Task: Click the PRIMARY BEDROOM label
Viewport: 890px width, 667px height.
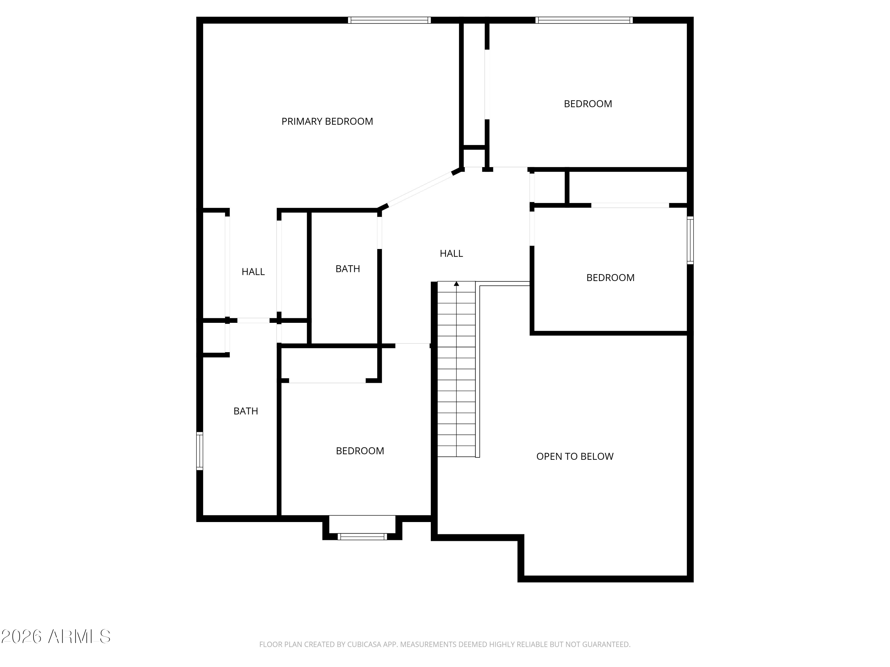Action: click(x=327, y=122)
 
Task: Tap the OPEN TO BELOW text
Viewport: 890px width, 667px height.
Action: click(x=575, y=456)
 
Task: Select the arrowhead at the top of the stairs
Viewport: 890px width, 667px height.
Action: click(x=456, y=284)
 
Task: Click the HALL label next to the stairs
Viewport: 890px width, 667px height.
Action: click(x=451, y=253)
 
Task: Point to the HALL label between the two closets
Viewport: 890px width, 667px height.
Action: click(x=253, y=272)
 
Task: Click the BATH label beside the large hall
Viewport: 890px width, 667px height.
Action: click(x=348, y=269)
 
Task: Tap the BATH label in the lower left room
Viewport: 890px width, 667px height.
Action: click(x=245, y=411)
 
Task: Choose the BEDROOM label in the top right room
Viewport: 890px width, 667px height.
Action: click(x=588, y=104)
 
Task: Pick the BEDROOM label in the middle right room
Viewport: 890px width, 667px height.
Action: click(x=610, y=277)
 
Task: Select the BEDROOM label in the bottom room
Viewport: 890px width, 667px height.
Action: click(x=360, y=451)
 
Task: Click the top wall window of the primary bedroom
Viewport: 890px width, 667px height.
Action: click(x=389, y=20)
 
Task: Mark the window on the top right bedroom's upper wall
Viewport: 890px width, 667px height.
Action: click(x=584, y=20)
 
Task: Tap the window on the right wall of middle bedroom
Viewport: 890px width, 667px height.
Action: click(x=690, y=240)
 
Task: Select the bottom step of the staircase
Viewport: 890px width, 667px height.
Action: click(x=456, y=451)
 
